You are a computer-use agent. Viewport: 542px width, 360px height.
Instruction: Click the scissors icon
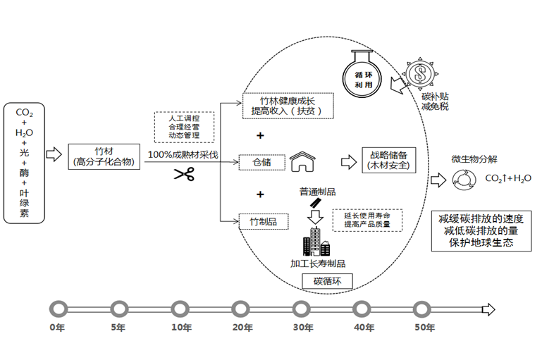(x=184, y=173)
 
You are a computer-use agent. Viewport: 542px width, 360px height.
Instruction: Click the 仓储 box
(x=261, y=162)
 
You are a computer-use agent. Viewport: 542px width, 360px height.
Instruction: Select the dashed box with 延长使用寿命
(x=366, y=219)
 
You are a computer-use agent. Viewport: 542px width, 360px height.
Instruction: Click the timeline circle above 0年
(x=58, y=309)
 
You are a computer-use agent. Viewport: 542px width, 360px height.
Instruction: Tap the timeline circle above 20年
(x=241, y=309)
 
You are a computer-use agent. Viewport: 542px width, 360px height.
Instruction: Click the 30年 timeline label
(x=303, y=328)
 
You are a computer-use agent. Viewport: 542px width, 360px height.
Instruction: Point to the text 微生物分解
(x=473, y=159)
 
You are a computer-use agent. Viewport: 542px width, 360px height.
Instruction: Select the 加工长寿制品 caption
(x=318, y=263)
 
